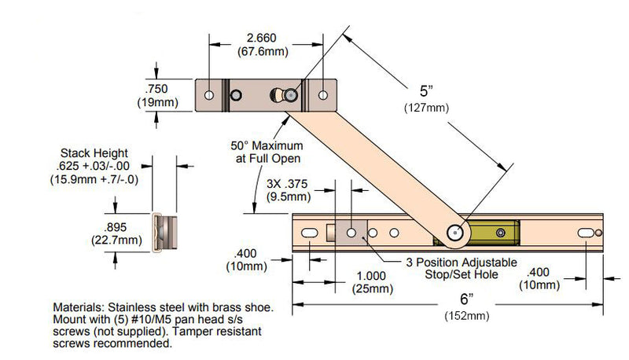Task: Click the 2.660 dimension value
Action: pyautogui.click(x=262, y=38)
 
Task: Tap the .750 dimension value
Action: pyautogui.click(x=156, y=89)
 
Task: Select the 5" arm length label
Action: pyautogui.click(x=426, y=91)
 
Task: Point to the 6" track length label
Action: pyautogui.click(x=466, y=299)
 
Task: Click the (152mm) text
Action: pyautogui.click(x=466, y=316)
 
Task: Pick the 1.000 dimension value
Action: pyautogui.click(x=371, y=276)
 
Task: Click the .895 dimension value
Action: pyautogui.click(x=115, y=227)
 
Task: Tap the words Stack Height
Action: pyautogui.click(x=94, y=152)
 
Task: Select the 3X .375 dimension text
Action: pyautogui.click(x=287, y=184)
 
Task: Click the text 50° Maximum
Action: pyautogui.click(x=267, y=145)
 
